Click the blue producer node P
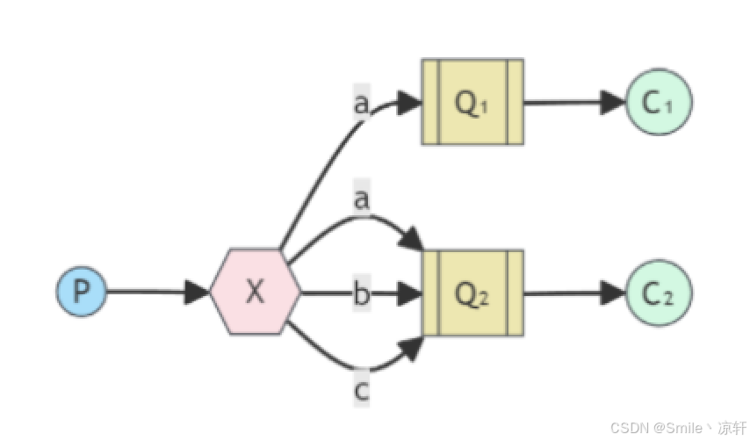point(82,291)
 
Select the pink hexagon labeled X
point(255,291)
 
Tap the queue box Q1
point(472,102)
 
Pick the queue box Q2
point(472,293)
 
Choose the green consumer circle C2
point(659,293)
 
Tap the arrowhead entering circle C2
point(614,293)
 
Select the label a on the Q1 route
point(360,103)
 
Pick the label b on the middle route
point(361,293)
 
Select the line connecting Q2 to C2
point(562,293)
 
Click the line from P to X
point(145,292)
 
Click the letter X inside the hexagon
point(255,292)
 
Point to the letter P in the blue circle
point(82,291)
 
